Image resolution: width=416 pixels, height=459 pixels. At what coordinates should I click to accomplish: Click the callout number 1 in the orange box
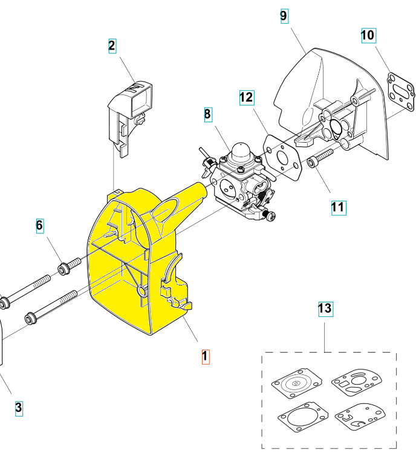coord(205,357)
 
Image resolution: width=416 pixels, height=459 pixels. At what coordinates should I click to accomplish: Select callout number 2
coord(112,45)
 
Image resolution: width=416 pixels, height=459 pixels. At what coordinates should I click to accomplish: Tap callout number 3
coord(19,408)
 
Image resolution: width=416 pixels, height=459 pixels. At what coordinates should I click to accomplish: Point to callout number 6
coord(40,226)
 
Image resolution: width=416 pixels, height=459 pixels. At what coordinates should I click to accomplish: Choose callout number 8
coord(208,114)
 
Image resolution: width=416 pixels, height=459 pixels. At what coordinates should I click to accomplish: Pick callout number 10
coord(368,35)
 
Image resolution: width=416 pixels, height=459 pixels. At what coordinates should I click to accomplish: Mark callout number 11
coord(338,207)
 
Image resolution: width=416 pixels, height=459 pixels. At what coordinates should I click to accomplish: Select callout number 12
coord(246,97)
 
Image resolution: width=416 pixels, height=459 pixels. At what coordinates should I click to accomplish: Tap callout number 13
coord(325,309)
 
